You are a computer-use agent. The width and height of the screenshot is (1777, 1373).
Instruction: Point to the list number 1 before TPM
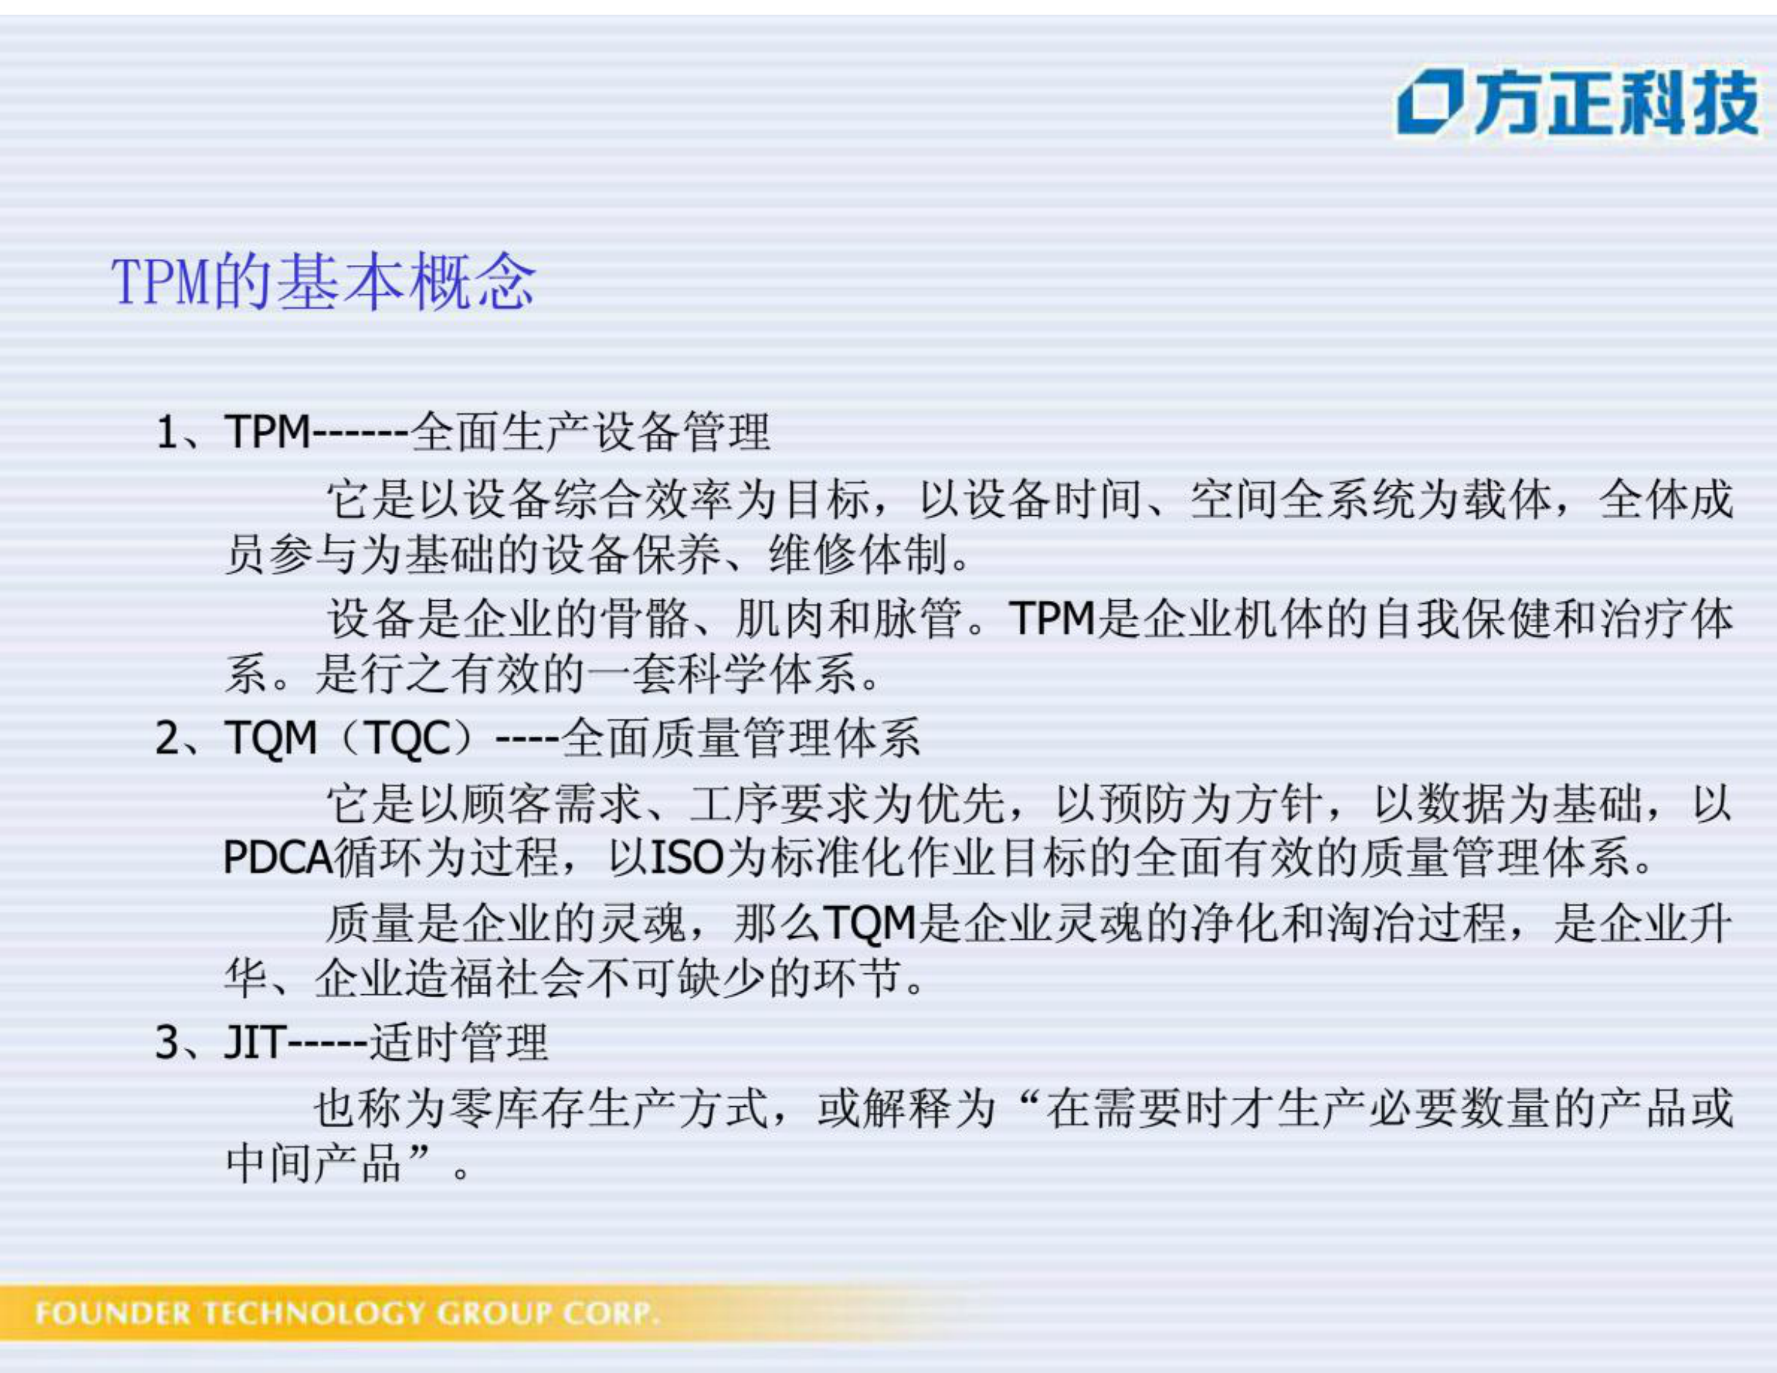166,432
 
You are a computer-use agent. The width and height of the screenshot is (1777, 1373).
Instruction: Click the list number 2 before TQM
166,739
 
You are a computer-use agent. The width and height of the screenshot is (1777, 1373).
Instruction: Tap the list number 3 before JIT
166,1043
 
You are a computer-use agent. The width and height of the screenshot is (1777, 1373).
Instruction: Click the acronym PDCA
277,857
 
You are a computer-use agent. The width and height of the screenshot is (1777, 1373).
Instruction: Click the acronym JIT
255,1043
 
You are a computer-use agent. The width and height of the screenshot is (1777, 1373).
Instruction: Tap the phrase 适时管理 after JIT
459,1043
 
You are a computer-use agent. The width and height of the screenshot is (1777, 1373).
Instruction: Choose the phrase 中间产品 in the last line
314,1163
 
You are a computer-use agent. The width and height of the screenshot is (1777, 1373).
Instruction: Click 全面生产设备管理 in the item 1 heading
590,432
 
